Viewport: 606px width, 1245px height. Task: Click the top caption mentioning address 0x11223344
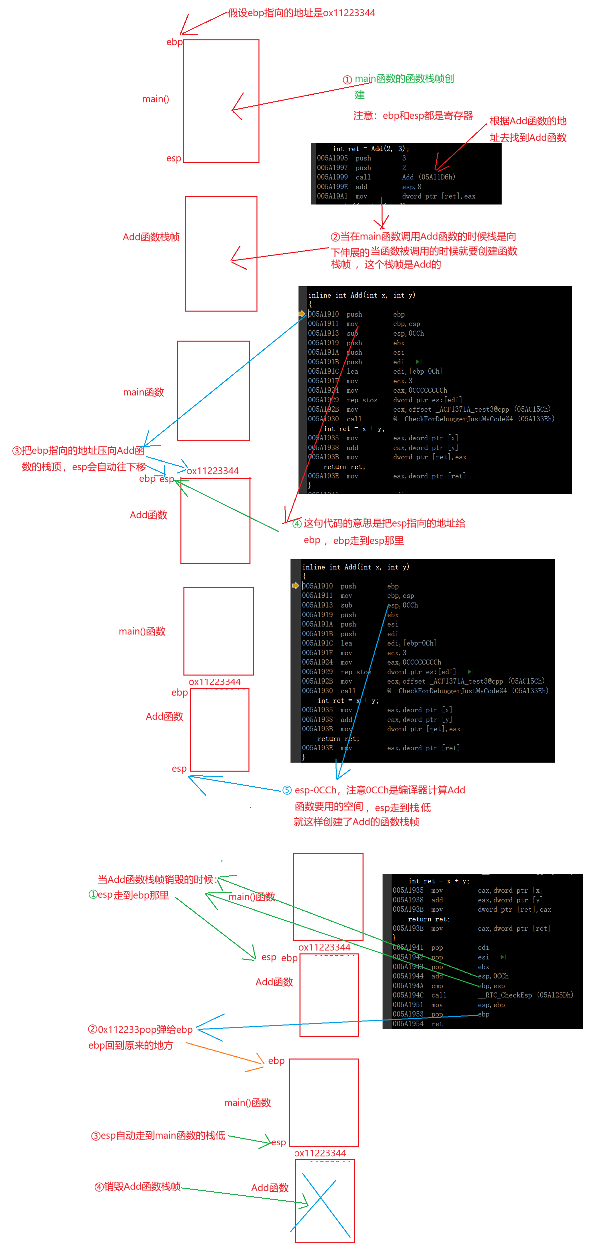click(x=301, y=13)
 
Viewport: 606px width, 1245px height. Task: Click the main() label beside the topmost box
click(x=156, y=99)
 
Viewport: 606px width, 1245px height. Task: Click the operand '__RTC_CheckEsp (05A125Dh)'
click(x=525, y=995)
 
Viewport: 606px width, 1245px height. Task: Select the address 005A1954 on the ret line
click(x=408, y=1023)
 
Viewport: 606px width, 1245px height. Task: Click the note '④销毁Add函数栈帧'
click(x=138, y=1187)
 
